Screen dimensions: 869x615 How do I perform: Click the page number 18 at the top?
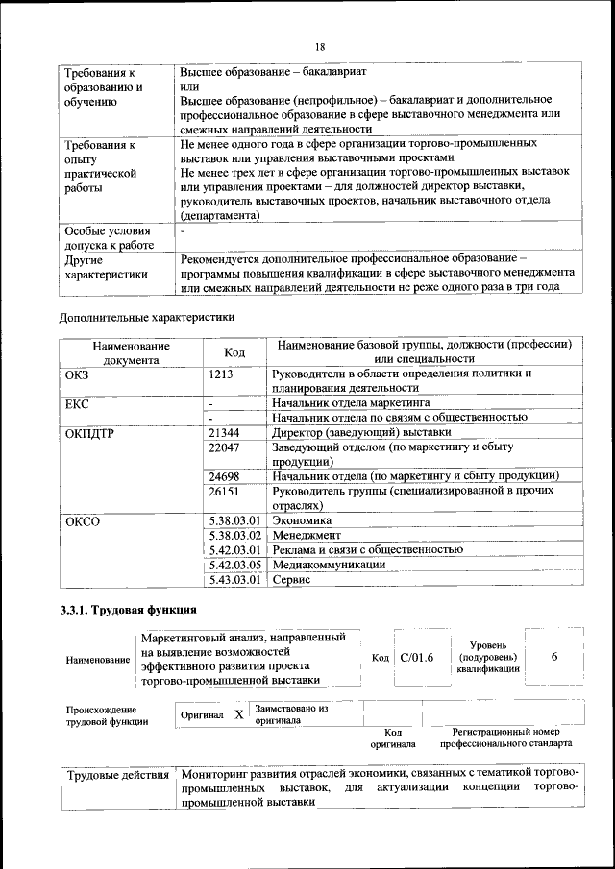[319, 46]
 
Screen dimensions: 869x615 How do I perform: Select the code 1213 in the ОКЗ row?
[221, 374]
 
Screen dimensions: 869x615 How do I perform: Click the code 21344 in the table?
[224, 433]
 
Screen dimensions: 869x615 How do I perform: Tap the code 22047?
[224, 447]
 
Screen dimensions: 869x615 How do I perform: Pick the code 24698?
[224, 475]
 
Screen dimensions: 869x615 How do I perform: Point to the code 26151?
[224, 490]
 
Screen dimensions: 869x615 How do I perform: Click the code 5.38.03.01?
[234, 519]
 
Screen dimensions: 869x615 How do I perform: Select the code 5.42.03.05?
[234, 565]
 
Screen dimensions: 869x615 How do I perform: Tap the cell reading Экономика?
[302, 519]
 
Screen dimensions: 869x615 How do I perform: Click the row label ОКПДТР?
[89, 433]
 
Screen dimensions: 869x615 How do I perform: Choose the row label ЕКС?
[77, 404]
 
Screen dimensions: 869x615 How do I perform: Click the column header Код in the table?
[234, 352]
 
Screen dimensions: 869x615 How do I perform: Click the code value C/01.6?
[417, 657]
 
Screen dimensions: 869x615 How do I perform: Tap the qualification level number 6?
[555, 656]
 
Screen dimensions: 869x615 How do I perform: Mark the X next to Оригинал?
[238, 715]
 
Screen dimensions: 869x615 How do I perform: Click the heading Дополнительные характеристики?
[146, 316]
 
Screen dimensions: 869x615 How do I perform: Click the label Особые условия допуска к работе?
[107, 238]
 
